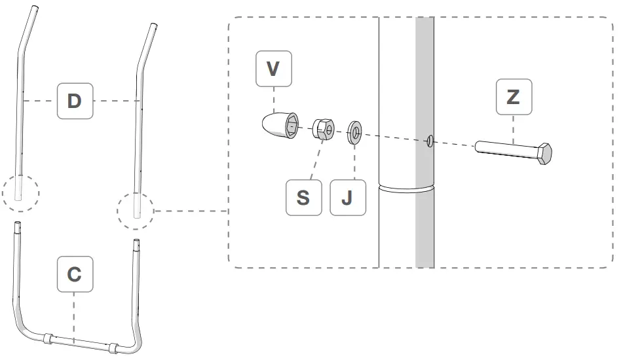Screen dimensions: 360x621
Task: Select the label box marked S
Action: coord(303,197)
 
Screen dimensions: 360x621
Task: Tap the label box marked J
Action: coord(347,197)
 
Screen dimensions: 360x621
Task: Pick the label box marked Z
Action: coord(513,98)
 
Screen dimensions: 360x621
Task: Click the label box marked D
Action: coord(74,101)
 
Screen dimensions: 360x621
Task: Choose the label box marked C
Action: coord(74,274)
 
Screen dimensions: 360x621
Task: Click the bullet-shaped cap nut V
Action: coord(278,126)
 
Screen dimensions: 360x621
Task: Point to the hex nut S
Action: coord(323,130)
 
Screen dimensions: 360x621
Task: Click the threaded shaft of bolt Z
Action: coord(505,149)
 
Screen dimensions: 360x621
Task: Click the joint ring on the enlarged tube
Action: coord(407,189)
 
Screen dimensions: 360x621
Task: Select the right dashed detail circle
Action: coord(136,211)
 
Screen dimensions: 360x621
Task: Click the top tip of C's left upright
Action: coord(18,225)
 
